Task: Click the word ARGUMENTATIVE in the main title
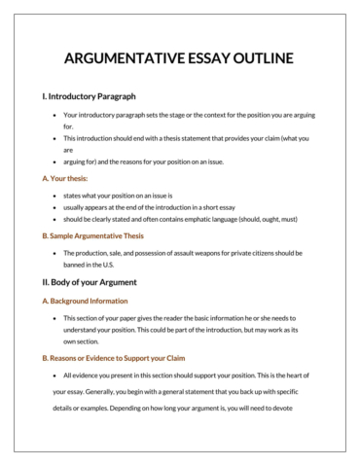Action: [x=124, y=59]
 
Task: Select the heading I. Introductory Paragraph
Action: [x=89, y=96]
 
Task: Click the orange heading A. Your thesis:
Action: [x=65, y=178]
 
